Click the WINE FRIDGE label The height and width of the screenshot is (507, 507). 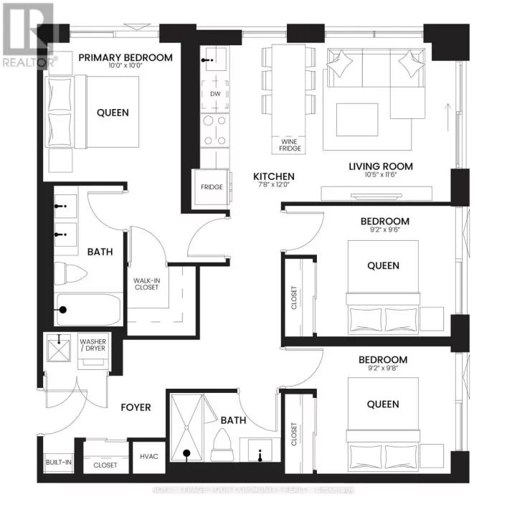[x=290, y=144]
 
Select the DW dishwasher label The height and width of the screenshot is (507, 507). [x=215, y=94]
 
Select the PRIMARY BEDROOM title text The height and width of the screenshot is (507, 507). [x=126, y=57]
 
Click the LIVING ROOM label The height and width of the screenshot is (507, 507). [x=381, y=166]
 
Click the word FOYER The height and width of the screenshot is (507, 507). [x=136, y=407]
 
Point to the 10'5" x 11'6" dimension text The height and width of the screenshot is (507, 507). [x=381, y=177]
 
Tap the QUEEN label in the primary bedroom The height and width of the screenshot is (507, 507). [x=113, y=113]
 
